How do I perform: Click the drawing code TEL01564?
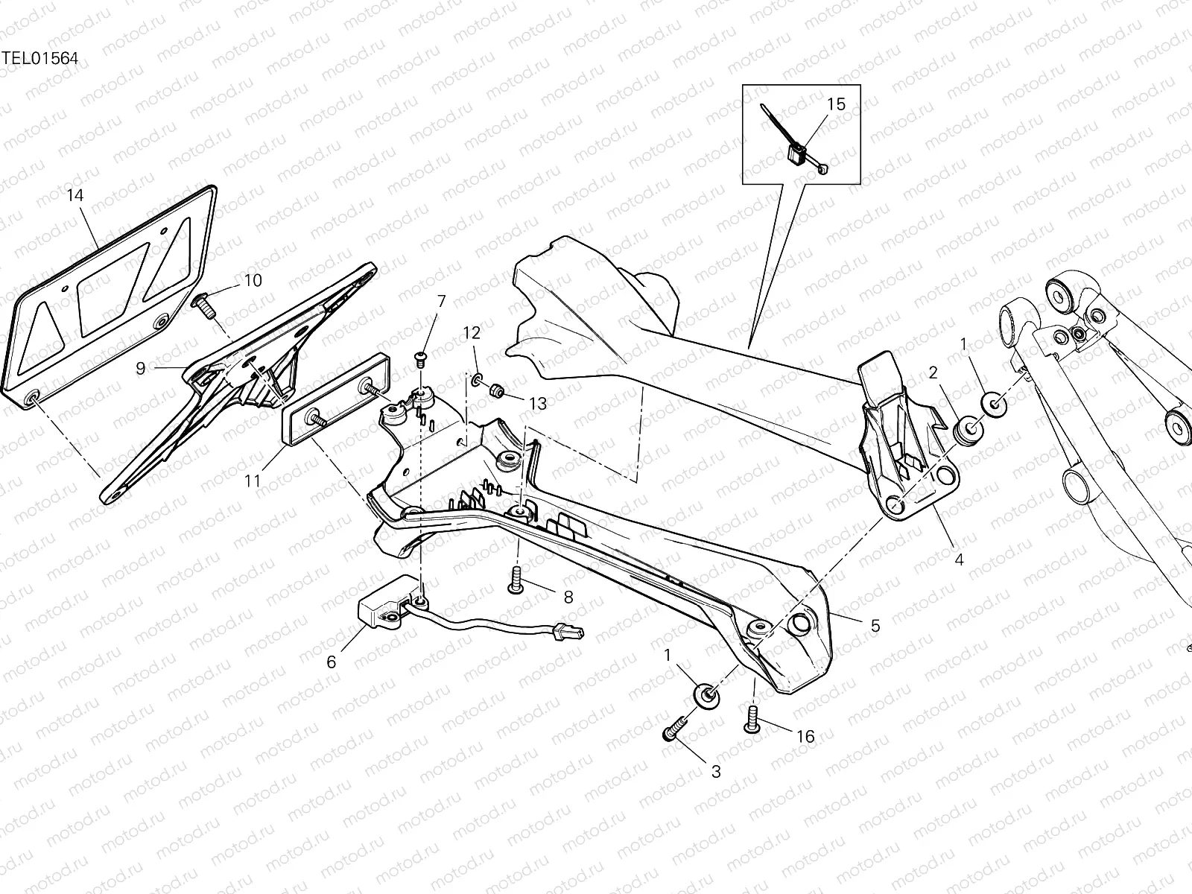tap(39, 59)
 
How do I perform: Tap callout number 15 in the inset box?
tap(837, 104)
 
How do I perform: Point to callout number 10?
tap(253, 281)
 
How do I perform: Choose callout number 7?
tap(441, 302)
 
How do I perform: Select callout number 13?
tap(537, 404)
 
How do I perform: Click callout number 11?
tap(253, 481)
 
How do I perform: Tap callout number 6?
tap(332, 662)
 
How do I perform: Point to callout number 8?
tap(568, 597)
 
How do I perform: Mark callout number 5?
tap(875, 626)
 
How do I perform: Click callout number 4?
tap(959, 559)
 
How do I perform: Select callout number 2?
tap(933, 373)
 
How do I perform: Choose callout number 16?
tap(805, 737)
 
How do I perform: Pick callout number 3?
tap(716, 772)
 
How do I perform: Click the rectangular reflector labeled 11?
tap(337, 409)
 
